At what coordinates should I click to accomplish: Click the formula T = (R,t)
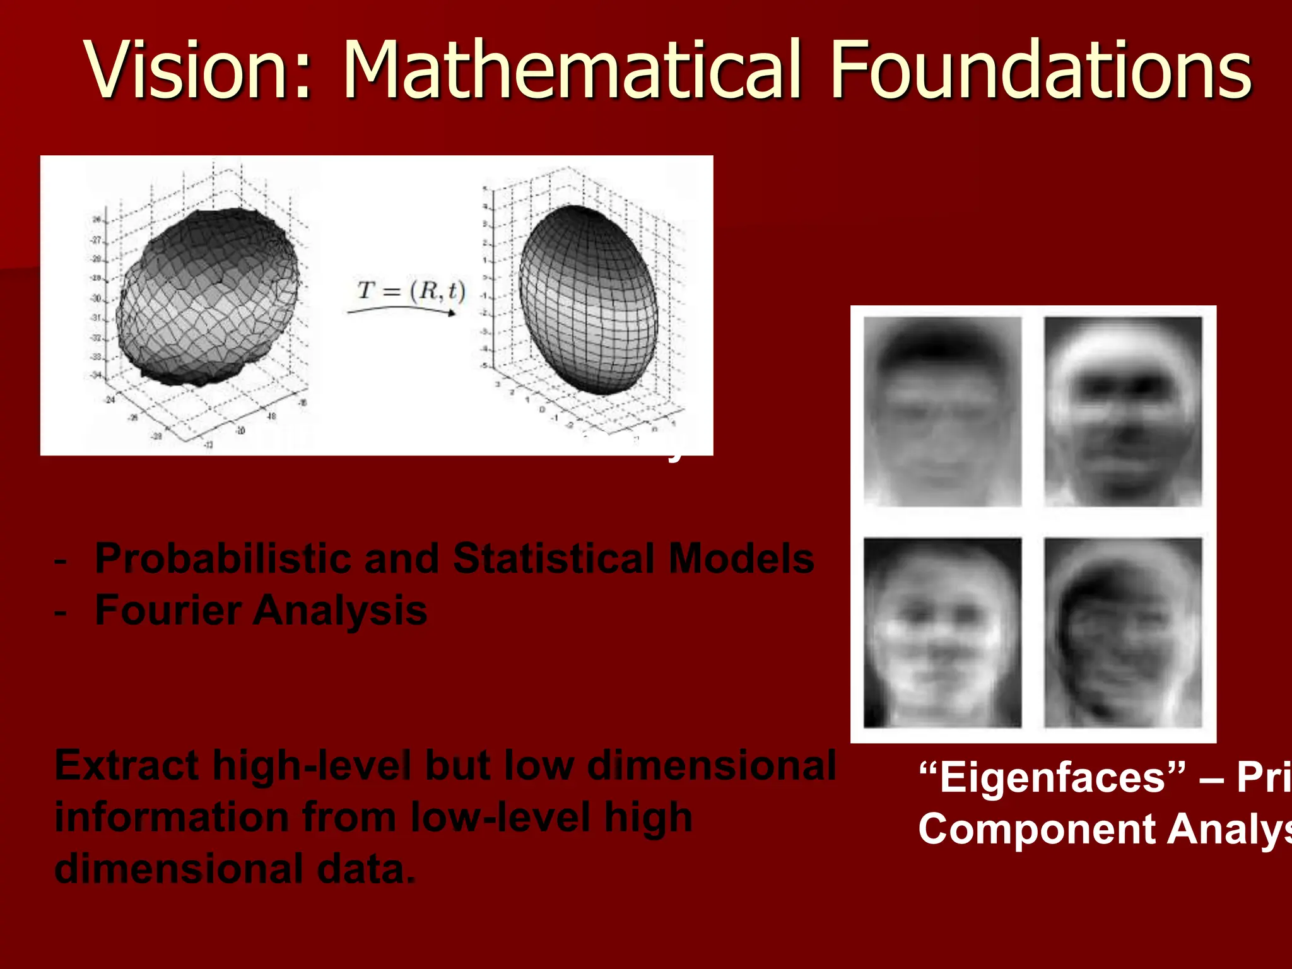pos(411,290)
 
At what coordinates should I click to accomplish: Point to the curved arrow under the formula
pos(401,309)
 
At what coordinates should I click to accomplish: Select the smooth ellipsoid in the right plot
pos(588,300)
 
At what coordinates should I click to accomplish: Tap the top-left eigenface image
pos(943,411)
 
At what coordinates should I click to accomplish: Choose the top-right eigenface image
pos(1123,411)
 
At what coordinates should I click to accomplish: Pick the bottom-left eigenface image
pos(943,632)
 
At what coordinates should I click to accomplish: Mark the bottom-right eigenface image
pos(1123,632)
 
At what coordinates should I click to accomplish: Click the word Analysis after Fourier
pos(341,611)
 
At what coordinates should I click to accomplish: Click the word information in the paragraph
pos(172,818)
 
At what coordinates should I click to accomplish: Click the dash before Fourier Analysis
pos(61,612)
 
